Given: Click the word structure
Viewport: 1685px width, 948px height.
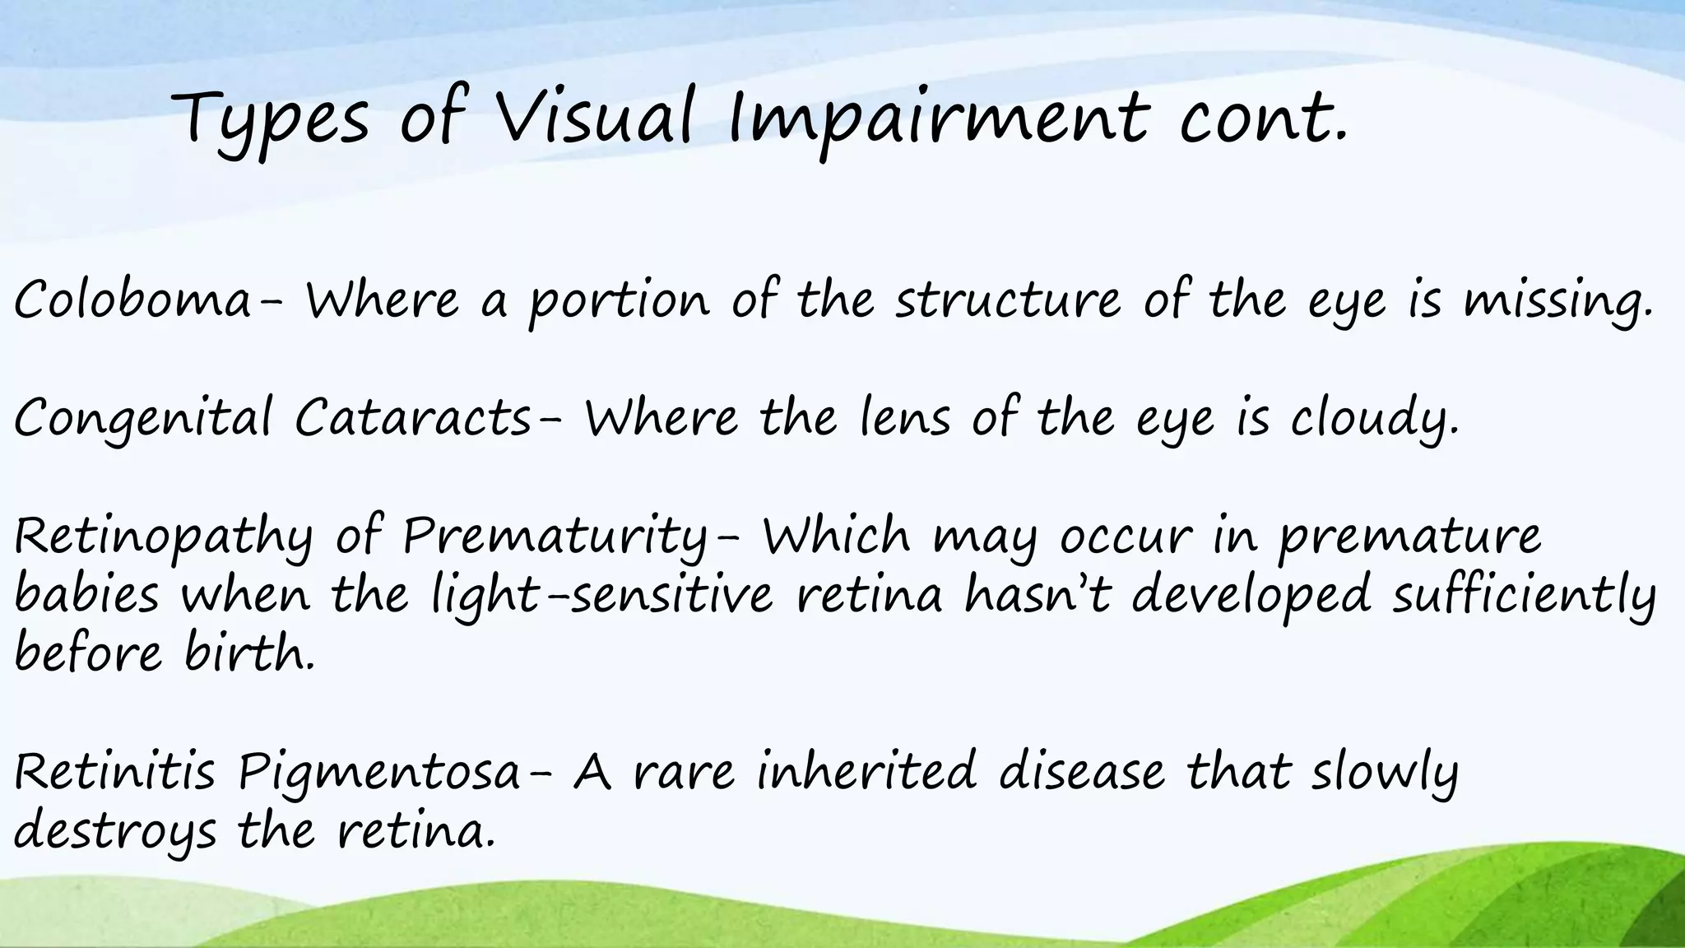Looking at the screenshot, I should [1008, 300].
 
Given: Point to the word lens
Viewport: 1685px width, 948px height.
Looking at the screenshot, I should [904, 417].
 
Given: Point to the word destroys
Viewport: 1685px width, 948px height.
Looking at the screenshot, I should [115, 833].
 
